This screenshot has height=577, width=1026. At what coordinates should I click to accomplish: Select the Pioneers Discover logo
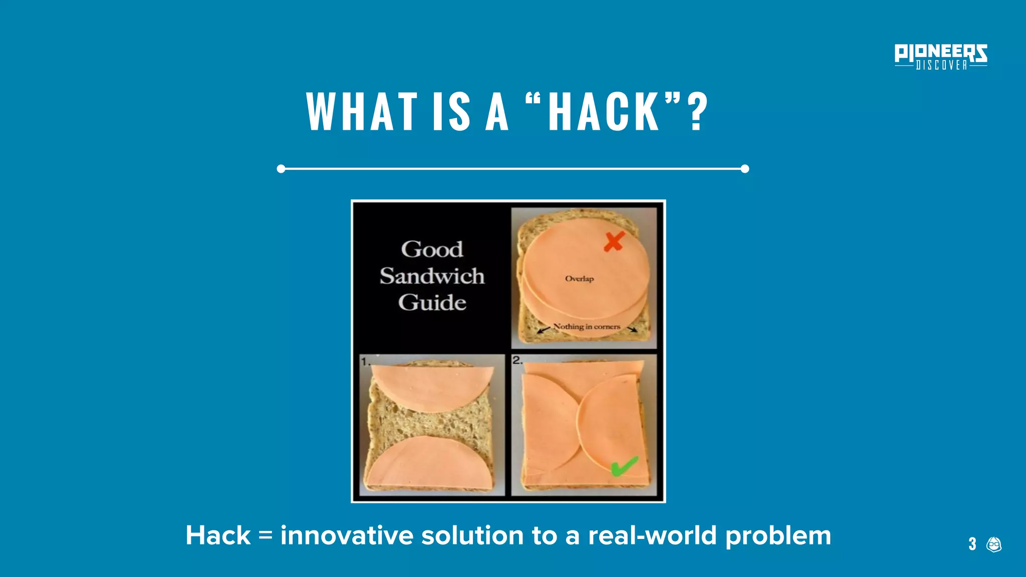point(941,57)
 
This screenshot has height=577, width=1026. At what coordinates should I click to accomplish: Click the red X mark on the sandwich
point(614,241)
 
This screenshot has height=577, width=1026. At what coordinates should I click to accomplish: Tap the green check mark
point(624,466)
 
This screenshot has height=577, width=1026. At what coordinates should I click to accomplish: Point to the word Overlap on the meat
point(579,278)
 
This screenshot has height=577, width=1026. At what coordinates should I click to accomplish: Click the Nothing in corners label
point(587,327)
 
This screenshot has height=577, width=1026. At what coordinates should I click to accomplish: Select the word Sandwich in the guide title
point(432,276)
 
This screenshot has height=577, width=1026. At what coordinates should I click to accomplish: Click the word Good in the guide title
point(432,249)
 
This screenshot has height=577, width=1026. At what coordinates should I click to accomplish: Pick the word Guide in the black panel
point(432,303)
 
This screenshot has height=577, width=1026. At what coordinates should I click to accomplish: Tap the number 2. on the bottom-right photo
point(518,360)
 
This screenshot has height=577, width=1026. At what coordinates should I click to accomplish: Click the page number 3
point(972,544)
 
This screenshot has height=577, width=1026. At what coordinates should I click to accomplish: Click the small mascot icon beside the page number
point(994,544)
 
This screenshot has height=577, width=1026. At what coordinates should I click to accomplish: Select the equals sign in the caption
point(266,535)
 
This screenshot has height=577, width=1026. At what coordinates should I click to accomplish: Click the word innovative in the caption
point(347,535)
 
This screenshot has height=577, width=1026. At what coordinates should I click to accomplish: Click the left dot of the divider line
point(281,169)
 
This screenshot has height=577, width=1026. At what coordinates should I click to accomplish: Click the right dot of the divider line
point(745,169)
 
